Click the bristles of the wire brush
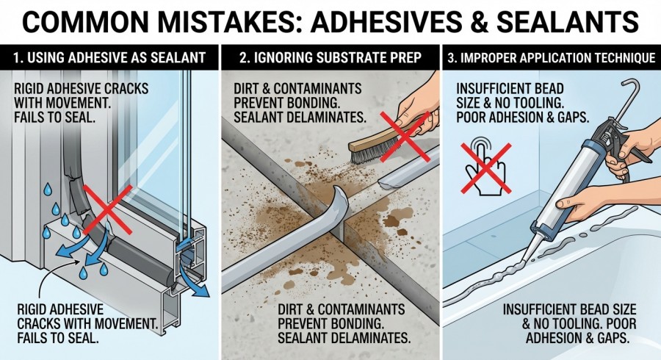click(366, 155)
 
